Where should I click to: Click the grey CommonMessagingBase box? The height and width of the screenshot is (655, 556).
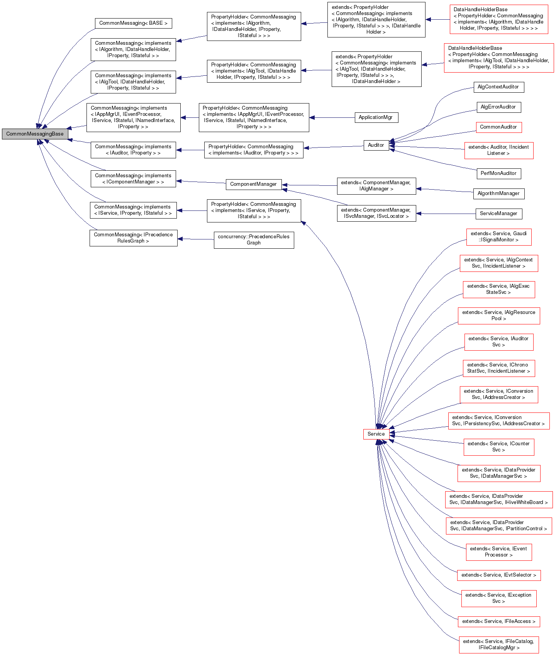point(35,134)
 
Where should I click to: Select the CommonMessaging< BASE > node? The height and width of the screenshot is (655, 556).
point(133,23)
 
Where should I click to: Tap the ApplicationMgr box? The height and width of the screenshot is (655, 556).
point(376,117)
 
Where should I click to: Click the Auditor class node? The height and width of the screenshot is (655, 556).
point(376,145)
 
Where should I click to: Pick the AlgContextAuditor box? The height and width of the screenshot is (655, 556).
point(498,87)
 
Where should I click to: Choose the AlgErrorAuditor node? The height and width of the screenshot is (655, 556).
point(498,107)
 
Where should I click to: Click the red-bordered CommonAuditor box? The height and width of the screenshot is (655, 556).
point(498,127)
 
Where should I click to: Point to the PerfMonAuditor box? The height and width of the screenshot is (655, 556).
point(498,173)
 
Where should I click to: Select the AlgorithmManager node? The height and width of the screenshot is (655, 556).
point(498,193)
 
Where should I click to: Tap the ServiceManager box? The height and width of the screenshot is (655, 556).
point(498,214)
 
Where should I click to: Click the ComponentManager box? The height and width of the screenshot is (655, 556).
point(253,184)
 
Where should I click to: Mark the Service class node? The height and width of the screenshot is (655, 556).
point(376,434)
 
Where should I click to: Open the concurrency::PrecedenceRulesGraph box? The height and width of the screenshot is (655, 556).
point(254,240)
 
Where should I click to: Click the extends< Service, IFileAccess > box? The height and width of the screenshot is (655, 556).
point(498,621)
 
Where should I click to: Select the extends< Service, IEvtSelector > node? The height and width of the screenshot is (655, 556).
point(498,575)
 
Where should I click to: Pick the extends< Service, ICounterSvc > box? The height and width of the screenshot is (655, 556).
point(498,447)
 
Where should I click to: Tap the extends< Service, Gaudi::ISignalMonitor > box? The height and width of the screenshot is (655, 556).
point(498,237)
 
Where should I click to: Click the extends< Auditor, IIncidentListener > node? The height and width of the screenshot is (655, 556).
point(498,150)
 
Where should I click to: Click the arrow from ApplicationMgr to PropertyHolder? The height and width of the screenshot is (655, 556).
point(332,117)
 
